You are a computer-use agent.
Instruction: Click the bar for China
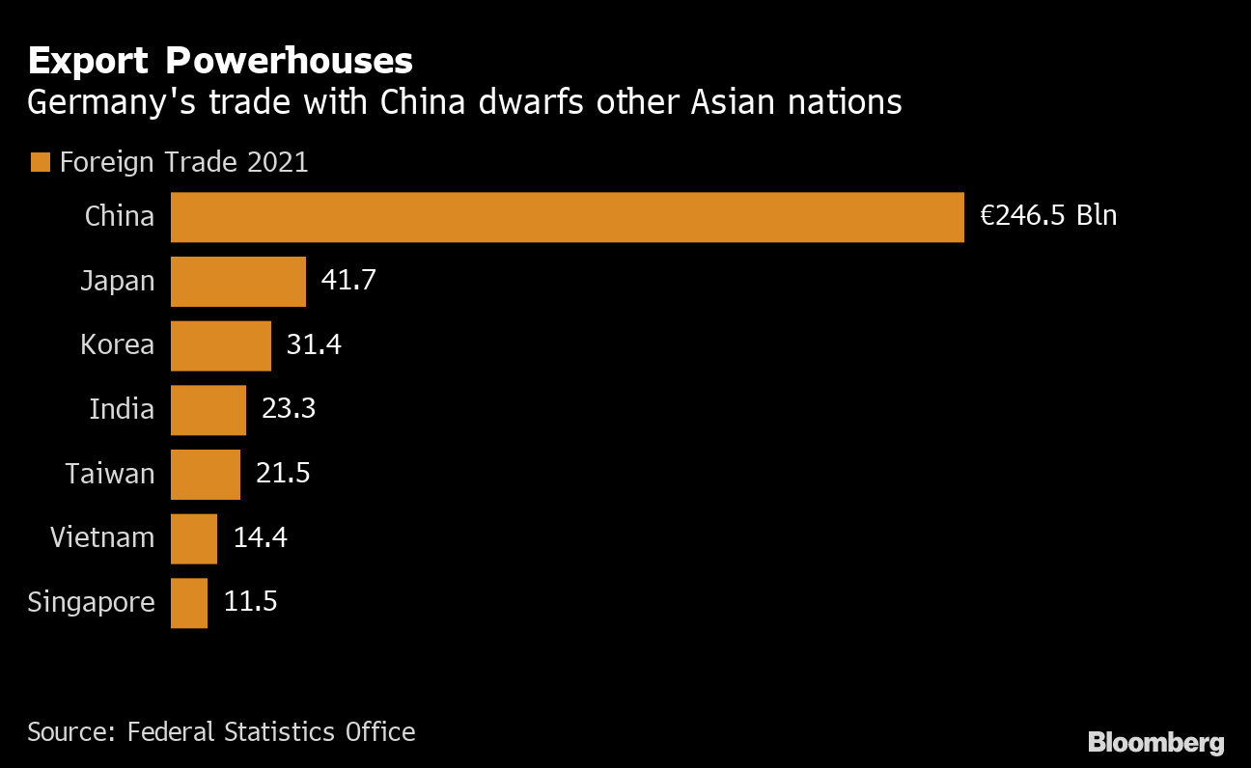pos(567,217)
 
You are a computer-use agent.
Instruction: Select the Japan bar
pos(238,281)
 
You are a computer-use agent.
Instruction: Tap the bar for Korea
pos(221,345)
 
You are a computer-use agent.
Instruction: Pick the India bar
pos(208,410)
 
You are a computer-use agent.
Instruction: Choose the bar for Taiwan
pos(206,474)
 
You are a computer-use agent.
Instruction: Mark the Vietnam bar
pos(194,538)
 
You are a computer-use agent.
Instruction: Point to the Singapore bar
pos(189,603)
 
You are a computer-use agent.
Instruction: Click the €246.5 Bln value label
pos(1048,216)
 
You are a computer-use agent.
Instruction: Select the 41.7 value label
pos(348,281)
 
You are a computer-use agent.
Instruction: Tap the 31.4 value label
pos(314,345)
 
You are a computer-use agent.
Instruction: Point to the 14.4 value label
pos(261,538)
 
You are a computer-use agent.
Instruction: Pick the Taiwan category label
pos(110,474)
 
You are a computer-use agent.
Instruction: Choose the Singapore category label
pos(91,603)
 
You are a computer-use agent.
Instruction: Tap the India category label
pos(122,410)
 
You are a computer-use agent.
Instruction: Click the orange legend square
pos(40,162)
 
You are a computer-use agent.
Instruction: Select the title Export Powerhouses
pos(220,62)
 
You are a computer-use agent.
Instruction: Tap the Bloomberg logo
pos(1155,742)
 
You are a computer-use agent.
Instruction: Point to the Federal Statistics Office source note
pos(221,732)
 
